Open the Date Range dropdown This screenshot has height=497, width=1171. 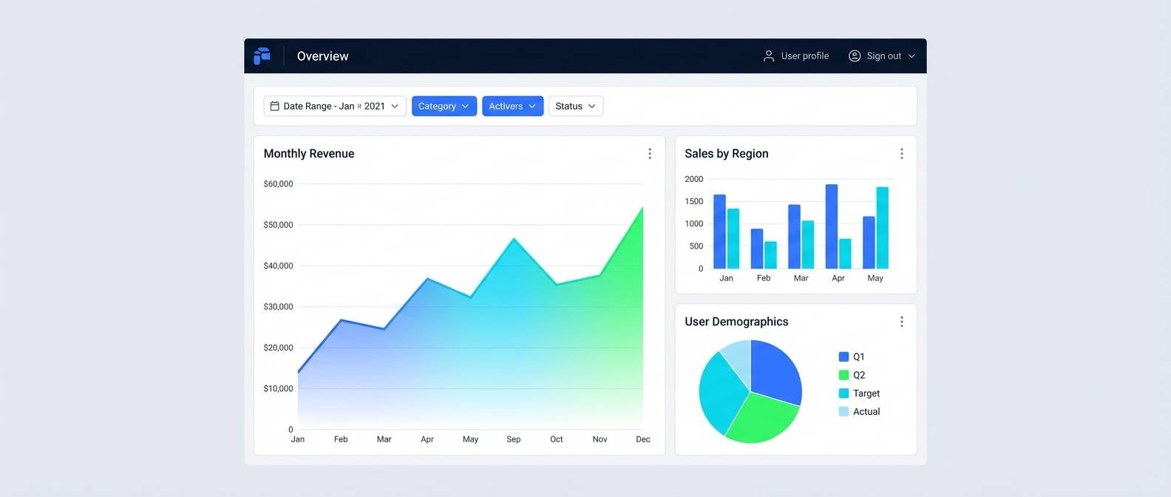335,106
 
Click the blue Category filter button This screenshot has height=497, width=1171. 444,106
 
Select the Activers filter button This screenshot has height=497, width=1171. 512,106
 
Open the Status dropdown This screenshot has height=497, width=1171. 575,106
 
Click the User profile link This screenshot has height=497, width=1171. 796,56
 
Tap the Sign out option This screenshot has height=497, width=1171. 882,56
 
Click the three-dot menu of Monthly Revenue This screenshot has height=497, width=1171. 650,154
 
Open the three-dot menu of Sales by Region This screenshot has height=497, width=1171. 901,154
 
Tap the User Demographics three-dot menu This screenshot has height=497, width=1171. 901,322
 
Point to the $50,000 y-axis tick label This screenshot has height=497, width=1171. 278,225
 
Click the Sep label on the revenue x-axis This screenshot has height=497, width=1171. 513,439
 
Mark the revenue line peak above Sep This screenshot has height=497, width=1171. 514,239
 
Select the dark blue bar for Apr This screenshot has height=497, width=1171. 832,226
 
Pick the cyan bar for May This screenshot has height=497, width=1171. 882,228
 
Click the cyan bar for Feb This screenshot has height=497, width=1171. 770,255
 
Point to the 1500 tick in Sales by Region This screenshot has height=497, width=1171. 693,201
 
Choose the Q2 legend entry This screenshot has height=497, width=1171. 852,375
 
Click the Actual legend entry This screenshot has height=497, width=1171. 859,412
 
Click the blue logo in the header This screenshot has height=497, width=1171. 262,56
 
